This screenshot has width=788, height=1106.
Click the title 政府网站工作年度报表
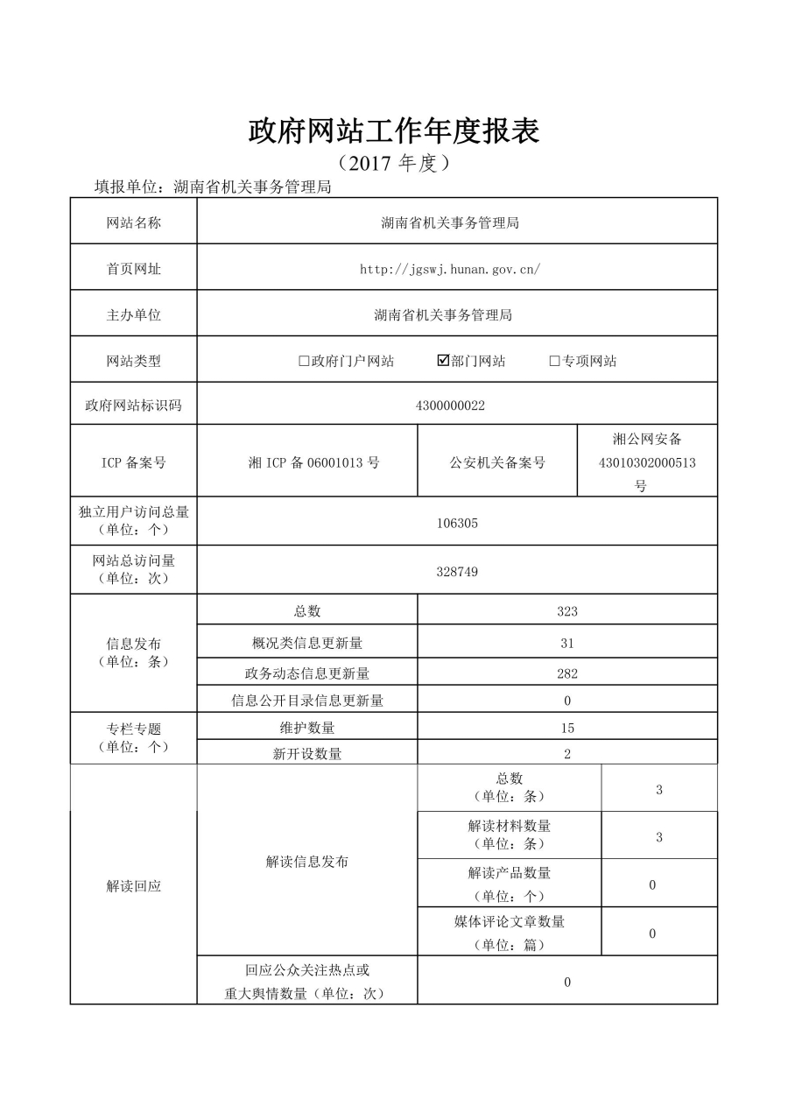(x=394, y=131)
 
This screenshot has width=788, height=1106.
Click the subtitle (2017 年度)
(x=394, y=164)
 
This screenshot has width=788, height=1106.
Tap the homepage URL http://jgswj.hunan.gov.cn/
(x=450, y=269)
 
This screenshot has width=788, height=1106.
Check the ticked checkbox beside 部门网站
(x=443, y=360)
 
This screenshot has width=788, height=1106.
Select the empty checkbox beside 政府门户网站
(x=304, y=361)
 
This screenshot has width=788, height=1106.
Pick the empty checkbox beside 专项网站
(x=554, y=361)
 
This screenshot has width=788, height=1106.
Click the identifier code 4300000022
(x=450, y=405)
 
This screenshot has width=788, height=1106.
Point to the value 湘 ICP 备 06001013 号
(x=313, y=462)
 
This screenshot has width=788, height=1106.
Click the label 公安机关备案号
(x=497, y=462)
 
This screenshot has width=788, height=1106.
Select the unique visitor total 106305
(x=457, y=523)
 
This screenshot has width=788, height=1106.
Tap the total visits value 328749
(x=457, y=571)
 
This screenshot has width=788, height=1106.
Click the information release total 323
(x=567, y=611)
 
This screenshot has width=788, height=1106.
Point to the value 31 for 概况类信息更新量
(x=567, y=643)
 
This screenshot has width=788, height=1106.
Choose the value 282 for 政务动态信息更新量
(x=567, y=673)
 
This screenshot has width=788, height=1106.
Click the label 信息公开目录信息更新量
(x=307, y=700)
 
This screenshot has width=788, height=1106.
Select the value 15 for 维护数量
(x=567, y=728)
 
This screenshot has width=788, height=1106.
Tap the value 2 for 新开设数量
(x=567, y=754)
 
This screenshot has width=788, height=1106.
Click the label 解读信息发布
(x=307, y=862)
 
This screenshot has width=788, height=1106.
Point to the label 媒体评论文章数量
(x=510, y=921)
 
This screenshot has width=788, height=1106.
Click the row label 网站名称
(x=134, y=222)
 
